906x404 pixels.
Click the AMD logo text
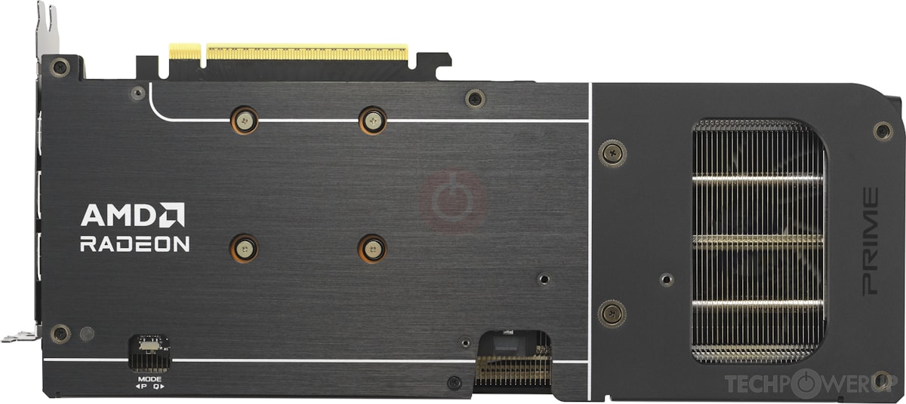133,215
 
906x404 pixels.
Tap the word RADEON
134,244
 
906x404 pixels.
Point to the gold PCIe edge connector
307,53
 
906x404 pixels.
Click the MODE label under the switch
149,378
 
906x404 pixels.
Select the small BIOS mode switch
149,345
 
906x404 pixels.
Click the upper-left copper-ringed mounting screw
244,119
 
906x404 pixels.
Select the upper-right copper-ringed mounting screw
372,119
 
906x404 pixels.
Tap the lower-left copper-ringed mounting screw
244,247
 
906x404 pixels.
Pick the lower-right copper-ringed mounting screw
372,247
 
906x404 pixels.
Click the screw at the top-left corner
60,66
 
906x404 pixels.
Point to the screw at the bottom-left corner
60,333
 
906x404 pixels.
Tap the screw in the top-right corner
882,130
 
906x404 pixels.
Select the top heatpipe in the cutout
757,179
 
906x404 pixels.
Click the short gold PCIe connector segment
185,51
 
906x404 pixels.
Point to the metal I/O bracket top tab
47,23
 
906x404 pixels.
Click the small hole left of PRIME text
665,280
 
